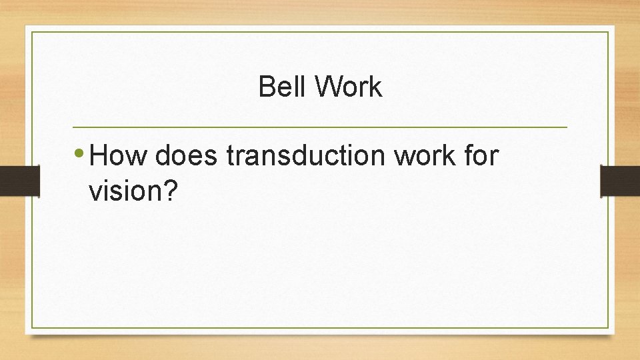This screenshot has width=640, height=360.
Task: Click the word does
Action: tap(187, 157)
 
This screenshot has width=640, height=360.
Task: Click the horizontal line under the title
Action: tap(320, 127)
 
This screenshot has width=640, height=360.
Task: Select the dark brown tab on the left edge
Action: tap(12, 180)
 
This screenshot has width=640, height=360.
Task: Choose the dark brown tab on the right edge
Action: tap(620, 180)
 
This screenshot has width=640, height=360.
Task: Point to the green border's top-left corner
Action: tap(32, 32)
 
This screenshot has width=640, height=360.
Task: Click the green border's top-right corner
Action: tap(608, 32)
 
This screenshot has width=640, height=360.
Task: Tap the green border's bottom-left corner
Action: tap(32, 327)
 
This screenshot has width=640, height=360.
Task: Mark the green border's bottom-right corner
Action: tap(608, 327)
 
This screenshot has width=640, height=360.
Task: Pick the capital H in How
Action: tap(99, 157)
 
